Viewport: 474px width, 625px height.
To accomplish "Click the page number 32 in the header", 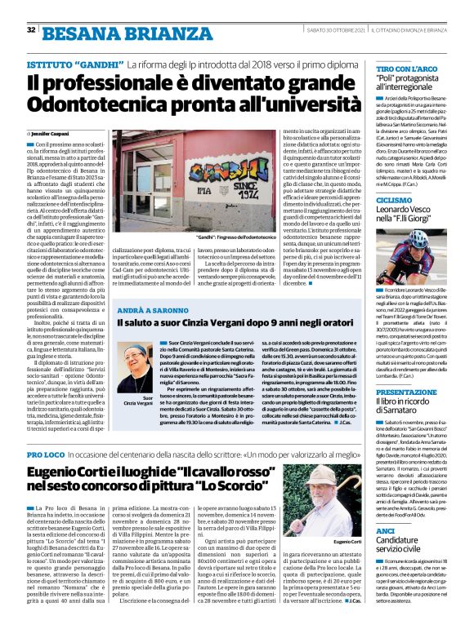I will point(31,30).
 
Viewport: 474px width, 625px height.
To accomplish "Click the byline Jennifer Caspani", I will point(51,132).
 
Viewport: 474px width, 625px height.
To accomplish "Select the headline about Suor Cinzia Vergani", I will point(233,325).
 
